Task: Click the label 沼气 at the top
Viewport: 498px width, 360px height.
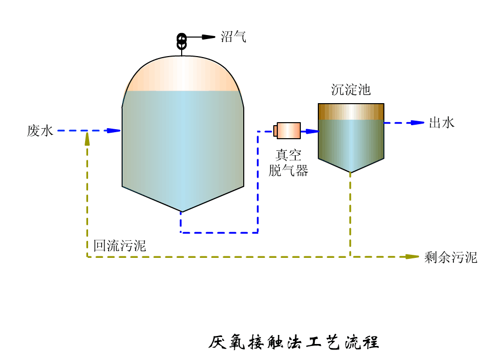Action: (233, 37)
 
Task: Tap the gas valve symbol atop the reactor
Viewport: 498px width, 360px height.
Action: (182, 41)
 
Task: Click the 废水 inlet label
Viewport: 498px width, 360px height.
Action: (40, 131)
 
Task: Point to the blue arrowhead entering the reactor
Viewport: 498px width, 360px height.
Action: (114, 131)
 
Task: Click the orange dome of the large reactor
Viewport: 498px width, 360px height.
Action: (182, 74)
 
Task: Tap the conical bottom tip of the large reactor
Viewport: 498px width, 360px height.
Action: (182, 210)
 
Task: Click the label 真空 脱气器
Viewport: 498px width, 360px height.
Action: (288, 163)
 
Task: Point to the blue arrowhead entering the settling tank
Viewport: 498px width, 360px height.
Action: (312, 131)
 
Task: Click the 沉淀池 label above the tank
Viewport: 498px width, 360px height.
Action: (351, 90)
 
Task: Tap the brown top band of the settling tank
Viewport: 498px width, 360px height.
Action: (351, 112)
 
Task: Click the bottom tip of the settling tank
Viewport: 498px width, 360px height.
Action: (350, 172)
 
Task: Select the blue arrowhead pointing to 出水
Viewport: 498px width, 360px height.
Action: (417, 123)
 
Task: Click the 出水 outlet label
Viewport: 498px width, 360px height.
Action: (441, 123)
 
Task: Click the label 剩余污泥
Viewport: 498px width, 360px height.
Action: (450, 257)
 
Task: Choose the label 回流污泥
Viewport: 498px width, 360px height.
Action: (120, 246)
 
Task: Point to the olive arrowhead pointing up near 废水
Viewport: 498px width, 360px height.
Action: (87, 138)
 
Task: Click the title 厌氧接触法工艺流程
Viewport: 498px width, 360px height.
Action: (294, 342)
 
